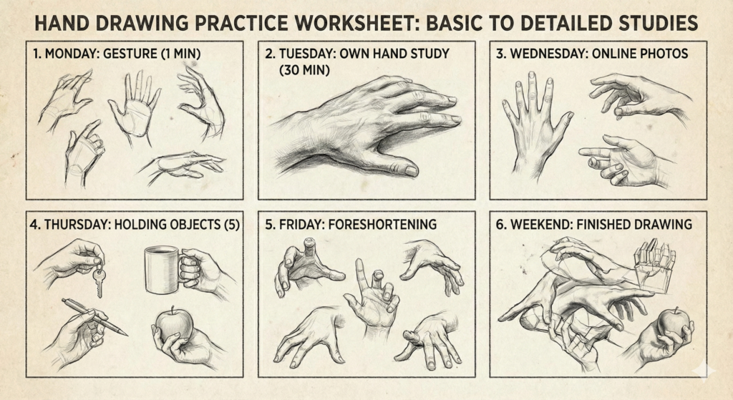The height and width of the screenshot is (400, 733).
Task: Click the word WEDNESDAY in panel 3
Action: [555, 54]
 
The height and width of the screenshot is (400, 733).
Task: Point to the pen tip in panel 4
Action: [125, 333]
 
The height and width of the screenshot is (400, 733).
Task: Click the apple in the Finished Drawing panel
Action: [673, 323]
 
